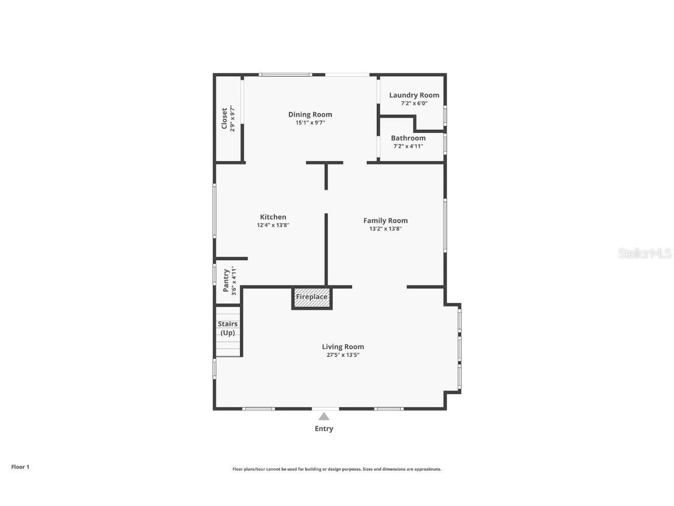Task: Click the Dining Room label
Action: tap(310, 114)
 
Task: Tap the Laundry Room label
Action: tap(414, 95)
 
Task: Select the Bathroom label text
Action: tap(408, 138)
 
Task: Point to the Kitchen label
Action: tap(273, 217)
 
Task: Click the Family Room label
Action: tap(385, 221)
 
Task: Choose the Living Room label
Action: tap(343, 347)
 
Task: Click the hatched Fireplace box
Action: tap(312, 298)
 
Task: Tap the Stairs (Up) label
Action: tap(228, 329)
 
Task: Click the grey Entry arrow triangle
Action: tap(324, 416)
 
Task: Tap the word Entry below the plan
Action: tap(324, 429)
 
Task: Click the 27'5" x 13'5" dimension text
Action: tap(343, 355)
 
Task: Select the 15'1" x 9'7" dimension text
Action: tap(310, 122)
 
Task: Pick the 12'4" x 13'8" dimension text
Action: tap(273, 225)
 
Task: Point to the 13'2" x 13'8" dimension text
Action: tap(385, 229)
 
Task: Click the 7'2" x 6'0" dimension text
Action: tap(414, 103)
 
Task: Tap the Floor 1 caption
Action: tap(20, 467)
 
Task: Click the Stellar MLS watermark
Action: tap(645, 253)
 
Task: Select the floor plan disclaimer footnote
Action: tap(336, 470)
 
